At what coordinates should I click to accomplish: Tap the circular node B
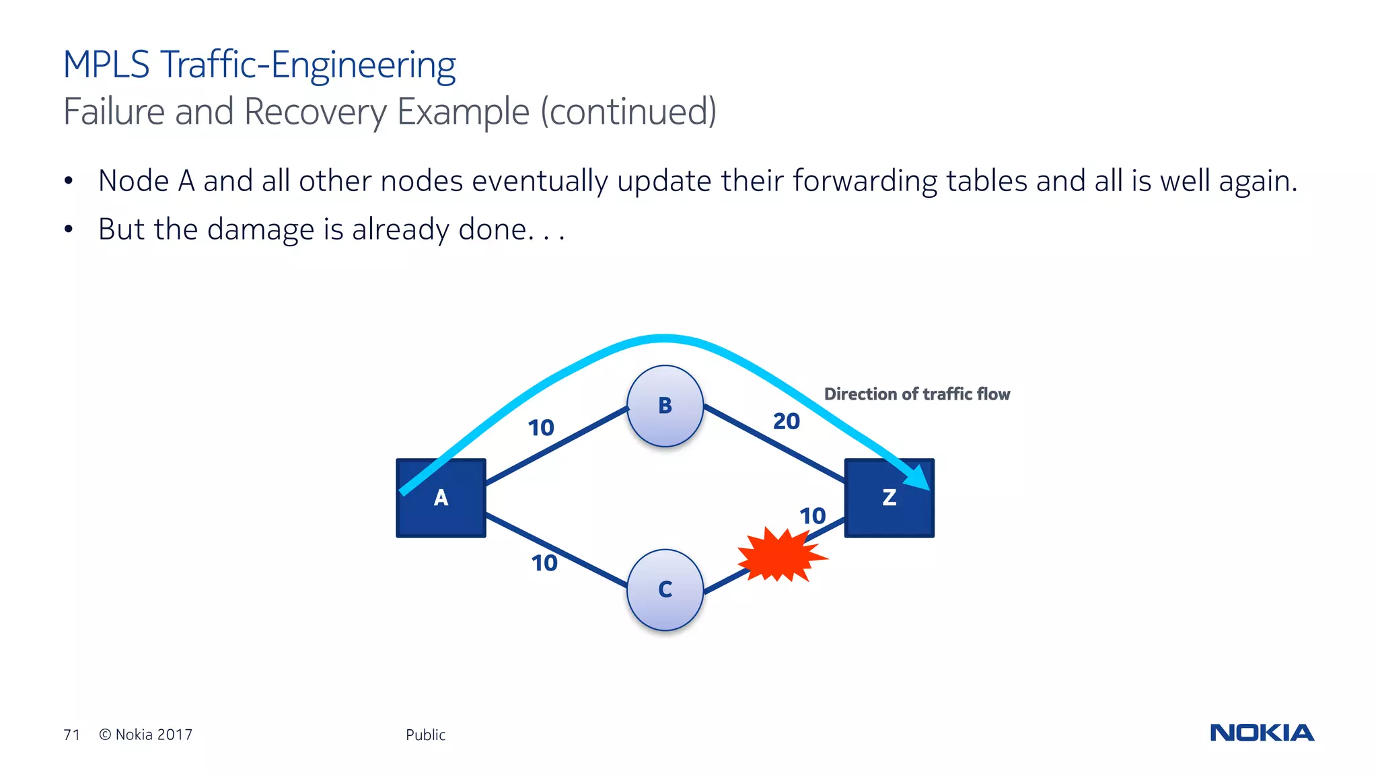pyautogui.click(x=665, y=406)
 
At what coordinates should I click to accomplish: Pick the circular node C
pyautogui.click(x=665, y=589)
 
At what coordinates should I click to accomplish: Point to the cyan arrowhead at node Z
pyautogui.click(x=919, y=478)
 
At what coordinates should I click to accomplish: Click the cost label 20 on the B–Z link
pyautogui.click(x=786, y=422)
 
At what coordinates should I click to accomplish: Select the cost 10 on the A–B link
pyautogui.click(x=540, y=428)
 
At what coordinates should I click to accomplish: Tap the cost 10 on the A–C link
pyautogui.click(x=544, y=563)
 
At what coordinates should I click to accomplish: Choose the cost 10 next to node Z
pyautogui.click(x=812, y=516)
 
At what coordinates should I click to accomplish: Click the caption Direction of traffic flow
pyautogui.click(x=916, y=394)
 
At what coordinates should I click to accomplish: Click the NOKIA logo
pyautogui.click(x=1262, y=733)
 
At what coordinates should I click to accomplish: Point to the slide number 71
pyautogui.click(x=71, y=735)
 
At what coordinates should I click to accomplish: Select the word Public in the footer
pyautogui.click(x=425, y=735)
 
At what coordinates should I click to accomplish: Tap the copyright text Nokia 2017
pyautogui.click(x=153, y=735)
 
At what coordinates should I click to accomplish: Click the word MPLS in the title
pyautogui.click(x=106, y=65)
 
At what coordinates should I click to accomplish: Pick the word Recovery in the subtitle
pyautogui.click(x=315, y=112)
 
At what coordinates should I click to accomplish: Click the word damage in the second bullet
pyautogui.click(x=260, y=230)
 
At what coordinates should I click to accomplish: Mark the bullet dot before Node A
pyautogui.click(x=68, y=181)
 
